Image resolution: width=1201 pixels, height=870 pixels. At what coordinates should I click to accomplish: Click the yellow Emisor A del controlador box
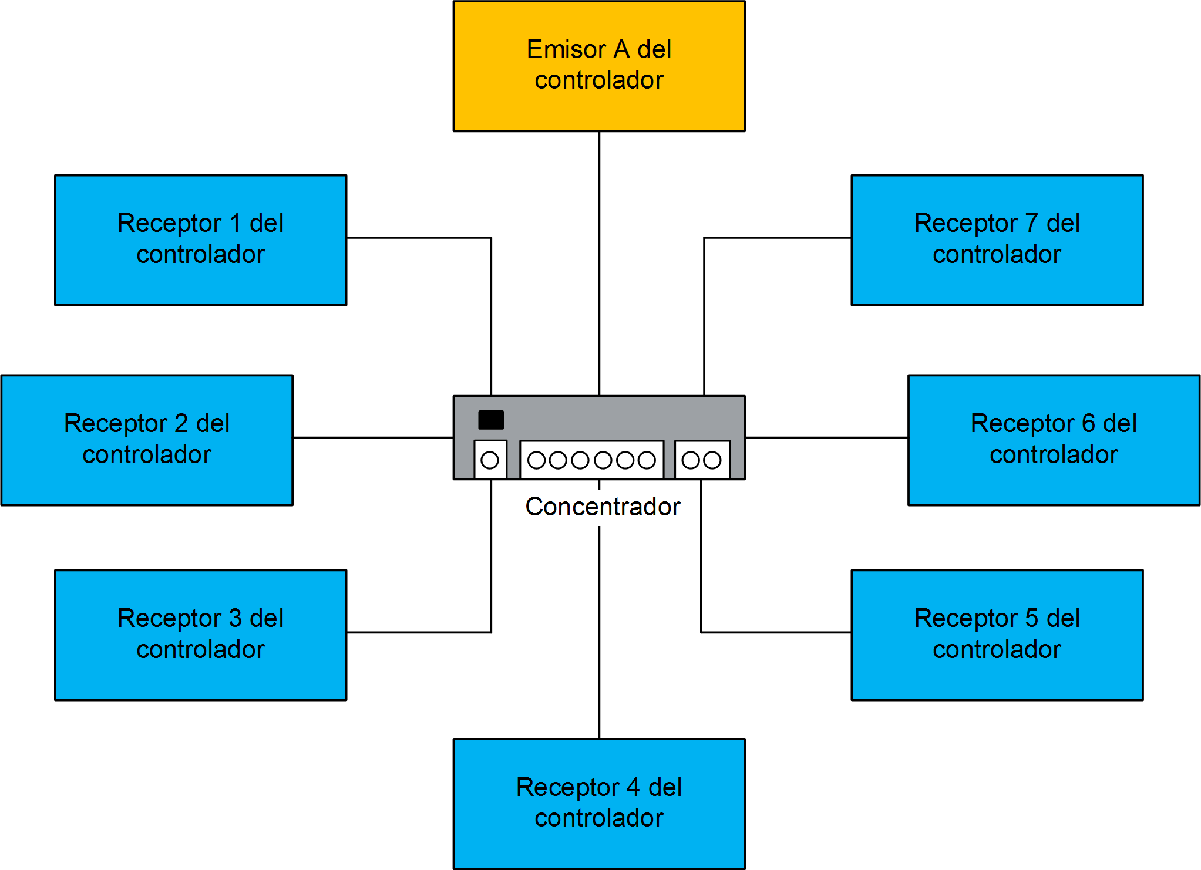tap(598, 66)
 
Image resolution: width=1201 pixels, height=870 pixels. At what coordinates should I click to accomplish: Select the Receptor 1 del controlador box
tap(200, 240)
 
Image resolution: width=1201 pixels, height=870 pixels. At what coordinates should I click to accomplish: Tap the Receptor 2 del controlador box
tap(147, 440)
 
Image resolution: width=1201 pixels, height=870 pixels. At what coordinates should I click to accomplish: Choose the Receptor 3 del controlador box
tap(200, 635)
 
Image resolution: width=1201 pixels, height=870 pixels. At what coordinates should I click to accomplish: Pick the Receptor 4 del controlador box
tap(598, 803)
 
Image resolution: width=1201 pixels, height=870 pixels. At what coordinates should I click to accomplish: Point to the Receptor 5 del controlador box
tap(997, 635)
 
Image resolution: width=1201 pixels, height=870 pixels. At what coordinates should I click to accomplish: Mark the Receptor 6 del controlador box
tap(1054, 440)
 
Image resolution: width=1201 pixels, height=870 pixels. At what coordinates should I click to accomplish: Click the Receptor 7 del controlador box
tap(997, 240)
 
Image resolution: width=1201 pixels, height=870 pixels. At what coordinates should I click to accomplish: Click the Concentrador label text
tap(603, 506)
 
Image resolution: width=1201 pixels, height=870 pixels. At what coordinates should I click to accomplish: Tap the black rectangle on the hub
tap(491, 420)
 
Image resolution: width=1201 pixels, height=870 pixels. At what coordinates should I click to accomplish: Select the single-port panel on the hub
tap(490, 460)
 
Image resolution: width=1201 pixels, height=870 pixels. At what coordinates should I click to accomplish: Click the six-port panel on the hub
tap(591, 460)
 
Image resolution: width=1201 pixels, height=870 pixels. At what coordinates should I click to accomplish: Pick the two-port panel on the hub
tap(702, 460)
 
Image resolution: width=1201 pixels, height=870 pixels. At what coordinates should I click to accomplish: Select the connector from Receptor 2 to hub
tap(373, 437)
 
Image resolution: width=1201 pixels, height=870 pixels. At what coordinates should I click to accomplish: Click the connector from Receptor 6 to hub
tap(826, 437)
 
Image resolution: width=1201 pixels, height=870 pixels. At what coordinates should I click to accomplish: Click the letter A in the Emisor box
tap(621, 49)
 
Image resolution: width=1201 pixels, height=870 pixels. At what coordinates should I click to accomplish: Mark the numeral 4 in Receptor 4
tap(633, 787)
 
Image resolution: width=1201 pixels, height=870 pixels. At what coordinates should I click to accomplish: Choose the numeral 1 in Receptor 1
tap(236, 223)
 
